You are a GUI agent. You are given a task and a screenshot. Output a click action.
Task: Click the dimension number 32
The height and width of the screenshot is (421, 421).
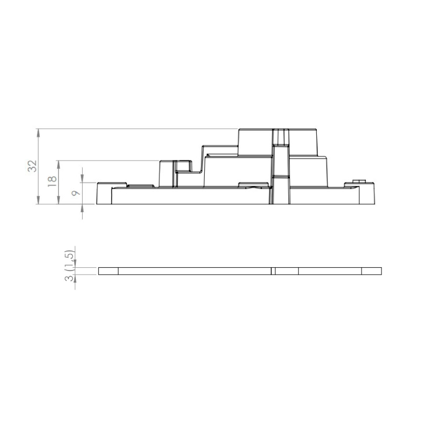(33, 166)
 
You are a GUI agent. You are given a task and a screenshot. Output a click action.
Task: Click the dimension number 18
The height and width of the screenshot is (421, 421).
(52, 182)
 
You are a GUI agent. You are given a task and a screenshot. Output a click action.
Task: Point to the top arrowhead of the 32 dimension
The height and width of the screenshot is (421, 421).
(38, 133)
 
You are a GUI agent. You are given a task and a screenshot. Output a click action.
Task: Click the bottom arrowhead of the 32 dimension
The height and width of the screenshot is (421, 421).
(38, 200)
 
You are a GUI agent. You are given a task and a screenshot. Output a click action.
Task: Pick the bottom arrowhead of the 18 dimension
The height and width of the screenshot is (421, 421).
(58, 200)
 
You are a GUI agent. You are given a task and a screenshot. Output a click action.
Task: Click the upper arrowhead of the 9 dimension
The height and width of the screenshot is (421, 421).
(82, 178)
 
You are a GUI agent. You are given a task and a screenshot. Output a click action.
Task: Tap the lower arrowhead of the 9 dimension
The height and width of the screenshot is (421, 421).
(82, 208)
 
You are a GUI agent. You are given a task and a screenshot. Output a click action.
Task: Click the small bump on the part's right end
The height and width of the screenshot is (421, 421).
(359, 181)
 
